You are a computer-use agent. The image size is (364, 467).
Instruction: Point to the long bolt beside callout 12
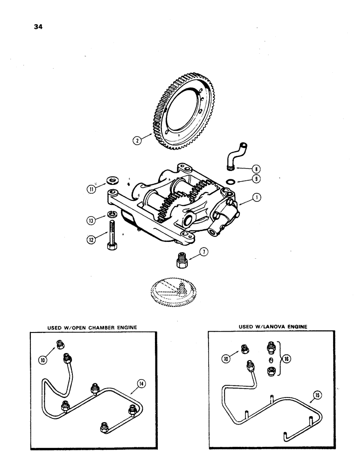pyautogui.click(x=112, y=237)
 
